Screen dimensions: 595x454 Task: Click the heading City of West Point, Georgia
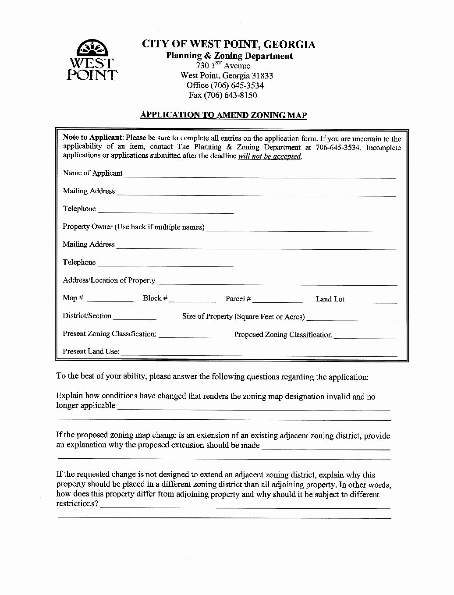(228, 44)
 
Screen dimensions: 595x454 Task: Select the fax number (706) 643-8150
(223, 95)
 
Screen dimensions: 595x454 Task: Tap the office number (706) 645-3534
(225, 85)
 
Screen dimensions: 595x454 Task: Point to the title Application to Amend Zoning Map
(223, 115)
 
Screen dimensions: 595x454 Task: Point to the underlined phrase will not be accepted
(270, 156)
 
